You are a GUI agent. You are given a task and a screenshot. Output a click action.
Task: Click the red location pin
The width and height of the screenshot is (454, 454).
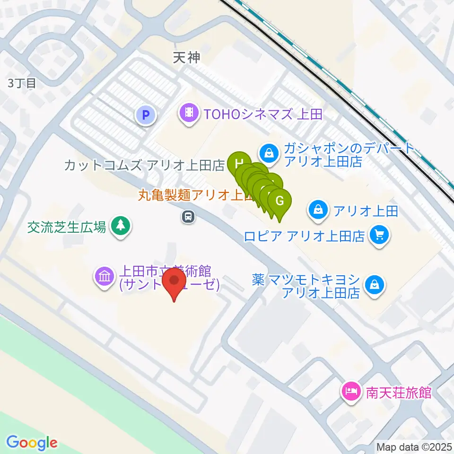pyautogui.click(x=174, y=282)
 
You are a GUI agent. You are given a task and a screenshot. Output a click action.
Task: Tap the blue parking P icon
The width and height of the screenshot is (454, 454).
pyautogui.click(x=146, y=114)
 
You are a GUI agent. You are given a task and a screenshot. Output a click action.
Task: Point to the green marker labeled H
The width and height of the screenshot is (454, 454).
pyautogui.click(x=238, y=164)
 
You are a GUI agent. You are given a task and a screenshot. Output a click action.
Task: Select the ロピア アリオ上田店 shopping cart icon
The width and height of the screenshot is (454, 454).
pyautogui.click(x=379, y=234)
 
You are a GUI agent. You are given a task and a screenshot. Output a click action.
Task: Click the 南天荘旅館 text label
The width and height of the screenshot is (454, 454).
pyautogui.click(x=398, y=393)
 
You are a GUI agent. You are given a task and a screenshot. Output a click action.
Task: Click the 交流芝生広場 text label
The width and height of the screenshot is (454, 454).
pyautogui.click(x=66, y=227)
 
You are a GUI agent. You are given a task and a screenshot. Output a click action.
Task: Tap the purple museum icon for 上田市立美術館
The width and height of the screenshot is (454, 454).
pyautogui.click(x=104, y=276)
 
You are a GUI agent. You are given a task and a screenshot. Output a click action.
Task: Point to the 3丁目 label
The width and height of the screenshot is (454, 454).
pyautogui.click(x=22, y=83)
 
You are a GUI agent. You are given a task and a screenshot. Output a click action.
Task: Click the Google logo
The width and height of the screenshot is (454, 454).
pyautogui.click(x=32, y=443)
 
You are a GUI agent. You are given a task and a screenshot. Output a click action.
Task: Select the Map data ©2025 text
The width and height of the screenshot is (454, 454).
pyautogui.click(x=414, y=446)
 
